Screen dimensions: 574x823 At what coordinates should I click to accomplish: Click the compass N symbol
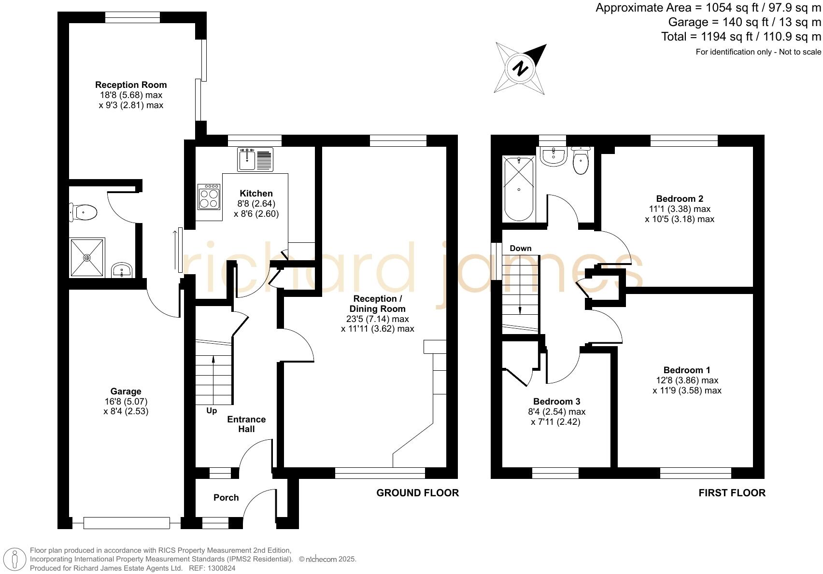[x=520, y=68]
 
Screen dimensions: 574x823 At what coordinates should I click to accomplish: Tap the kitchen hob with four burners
[x=209, y=197]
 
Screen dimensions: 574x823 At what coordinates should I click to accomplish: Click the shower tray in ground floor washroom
[x=87, y=258]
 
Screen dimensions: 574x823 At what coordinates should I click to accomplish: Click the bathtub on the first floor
[x=519, y=189]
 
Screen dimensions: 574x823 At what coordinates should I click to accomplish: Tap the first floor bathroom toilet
[x=581, y=162]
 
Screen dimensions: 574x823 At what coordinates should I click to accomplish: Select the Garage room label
[x=126, y=392]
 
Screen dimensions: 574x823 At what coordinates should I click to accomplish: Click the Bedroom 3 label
[x=556, y=402]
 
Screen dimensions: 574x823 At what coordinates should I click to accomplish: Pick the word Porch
[x=226, y=498]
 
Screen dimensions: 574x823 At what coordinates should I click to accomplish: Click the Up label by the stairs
[x=212, y=411]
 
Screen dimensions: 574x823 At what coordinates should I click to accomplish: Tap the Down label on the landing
[x=520, y=248]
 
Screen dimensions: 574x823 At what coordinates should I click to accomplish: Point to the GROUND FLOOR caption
[x=417, y=493]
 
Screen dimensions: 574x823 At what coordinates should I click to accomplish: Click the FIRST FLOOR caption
[x=732, y=493]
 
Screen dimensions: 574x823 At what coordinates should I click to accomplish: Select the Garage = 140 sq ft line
[x=744, y=22]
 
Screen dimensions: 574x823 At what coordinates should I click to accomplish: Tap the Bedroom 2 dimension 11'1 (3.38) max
[x=680, y=209]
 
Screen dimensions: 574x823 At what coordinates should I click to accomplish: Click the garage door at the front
[x=127, y=523]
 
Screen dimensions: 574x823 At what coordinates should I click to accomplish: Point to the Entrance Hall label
[x=246, y=424]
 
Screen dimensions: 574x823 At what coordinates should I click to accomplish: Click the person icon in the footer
[x=15, y=559]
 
